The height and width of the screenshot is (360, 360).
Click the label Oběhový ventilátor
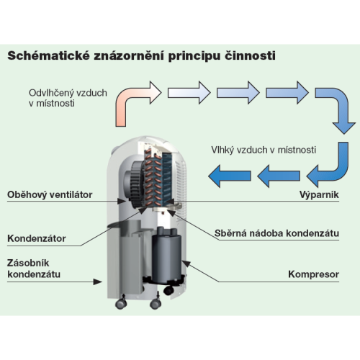(50, 194)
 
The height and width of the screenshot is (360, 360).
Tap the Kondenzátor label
(37, 238)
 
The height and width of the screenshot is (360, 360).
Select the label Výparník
(319, 194)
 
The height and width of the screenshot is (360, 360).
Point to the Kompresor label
(314, 274)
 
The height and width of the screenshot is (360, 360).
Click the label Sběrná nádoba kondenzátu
(276, 233)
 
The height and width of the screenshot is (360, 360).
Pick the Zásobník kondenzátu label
(34, 269)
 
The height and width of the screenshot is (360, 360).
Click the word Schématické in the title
(48, 56)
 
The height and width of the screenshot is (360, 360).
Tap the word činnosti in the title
(250, 56)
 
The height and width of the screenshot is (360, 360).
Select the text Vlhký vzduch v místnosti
(264, 150)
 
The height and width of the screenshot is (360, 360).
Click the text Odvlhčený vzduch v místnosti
(68, 98)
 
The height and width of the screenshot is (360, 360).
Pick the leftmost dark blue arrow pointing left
(230, 176)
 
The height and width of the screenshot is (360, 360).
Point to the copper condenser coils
(153, 178)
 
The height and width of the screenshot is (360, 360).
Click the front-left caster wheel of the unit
(121, 304)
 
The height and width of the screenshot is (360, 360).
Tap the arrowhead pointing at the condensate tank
(98, 282)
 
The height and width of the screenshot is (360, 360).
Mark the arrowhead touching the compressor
(186, 264)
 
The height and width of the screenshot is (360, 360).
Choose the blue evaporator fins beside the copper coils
(167, 179)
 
